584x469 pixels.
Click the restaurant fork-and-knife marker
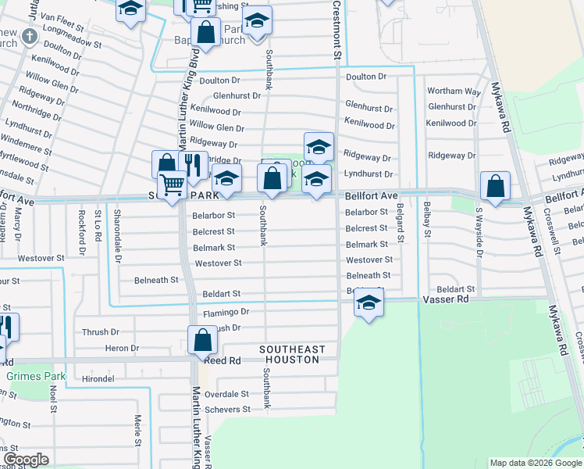192,165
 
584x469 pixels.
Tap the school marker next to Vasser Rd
369,303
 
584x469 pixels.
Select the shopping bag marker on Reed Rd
202,340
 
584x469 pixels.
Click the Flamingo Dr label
226,312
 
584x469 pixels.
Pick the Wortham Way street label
454,91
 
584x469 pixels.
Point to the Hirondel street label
98,378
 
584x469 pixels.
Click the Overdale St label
226,394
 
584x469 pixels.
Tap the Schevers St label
227,409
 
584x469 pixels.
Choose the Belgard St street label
400,222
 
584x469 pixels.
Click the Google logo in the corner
26,460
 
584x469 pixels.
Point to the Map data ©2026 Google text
535,463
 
